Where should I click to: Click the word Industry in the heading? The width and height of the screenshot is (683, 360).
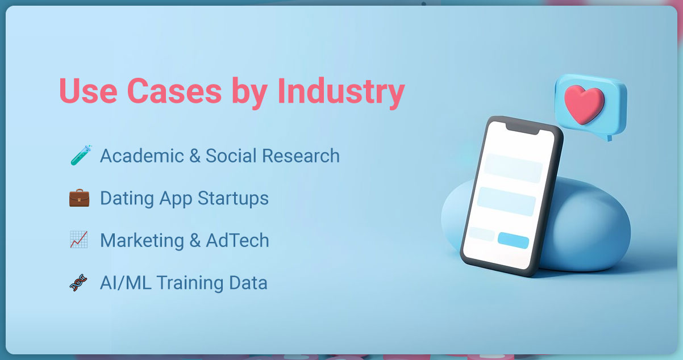341,91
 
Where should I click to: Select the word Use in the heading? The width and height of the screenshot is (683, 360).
89,91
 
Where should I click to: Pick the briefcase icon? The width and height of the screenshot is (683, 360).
78,198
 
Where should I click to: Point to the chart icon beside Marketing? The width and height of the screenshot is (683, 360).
78,240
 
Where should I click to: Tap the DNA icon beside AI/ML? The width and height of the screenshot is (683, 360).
78,282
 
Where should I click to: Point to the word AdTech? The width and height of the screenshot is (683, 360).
238,240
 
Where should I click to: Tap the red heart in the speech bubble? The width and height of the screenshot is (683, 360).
584,102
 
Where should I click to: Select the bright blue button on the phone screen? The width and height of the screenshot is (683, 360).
513,240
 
